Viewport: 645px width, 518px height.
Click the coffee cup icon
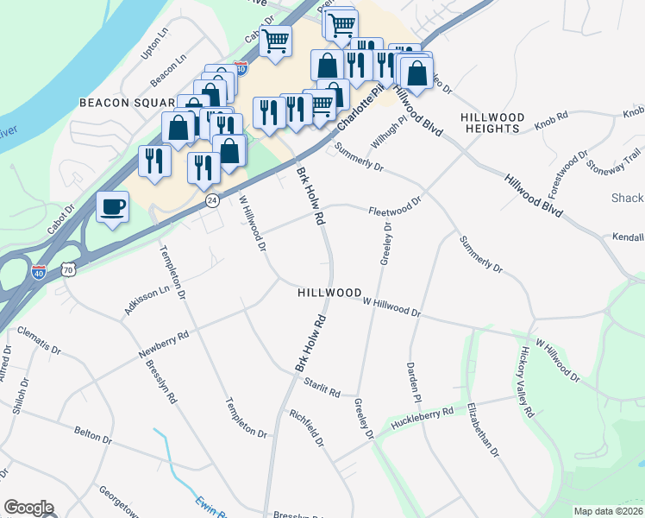(112, 207)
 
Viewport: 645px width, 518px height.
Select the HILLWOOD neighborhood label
(329, 294)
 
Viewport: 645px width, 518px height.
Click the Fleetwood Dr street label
(394, 208)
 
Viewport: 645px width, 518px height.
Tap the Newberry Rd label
(163, 344)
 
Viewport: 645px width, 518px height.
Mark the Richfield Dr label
(306, 427)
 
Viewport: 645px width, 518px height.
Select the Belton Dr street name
(93, 432)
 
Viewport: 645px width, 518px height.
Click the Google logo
(28, 508)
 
